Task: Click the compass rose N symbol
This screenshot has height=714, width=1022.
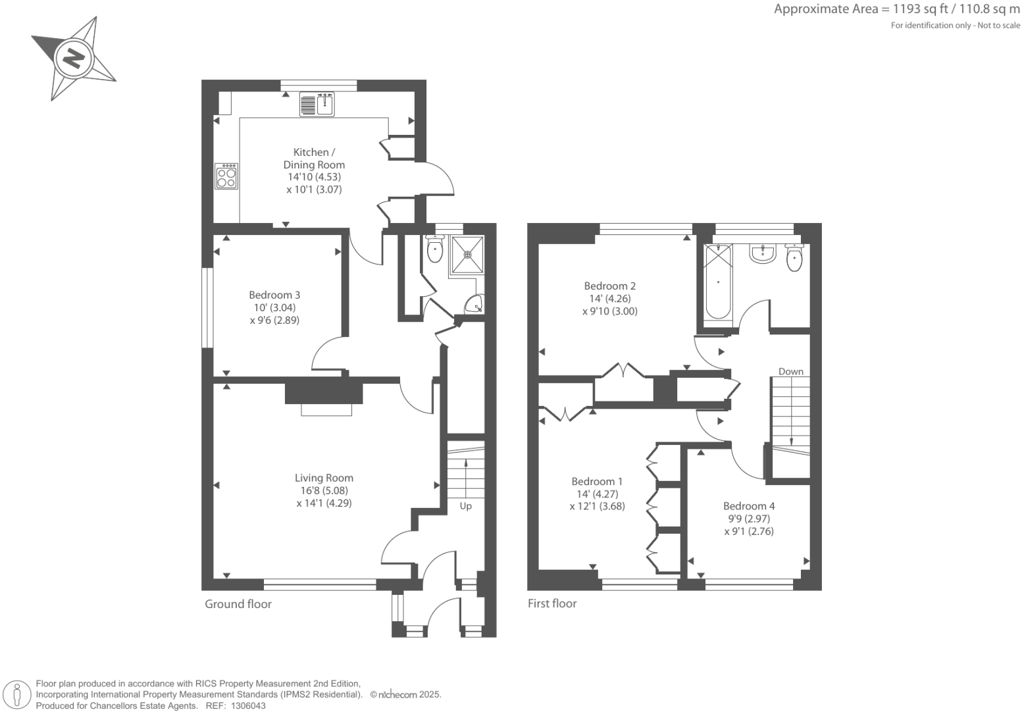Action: coord(73,59)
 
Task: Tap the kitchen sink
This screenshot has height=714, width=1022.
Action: coord(317,104)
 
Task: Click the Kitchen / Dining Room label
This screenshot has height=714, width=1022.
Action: coord(314,159)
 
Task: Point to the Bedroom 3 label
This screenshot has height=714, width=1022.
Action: coord(274,295)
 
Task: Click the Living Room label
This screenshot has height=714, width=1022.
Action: coord(324,478)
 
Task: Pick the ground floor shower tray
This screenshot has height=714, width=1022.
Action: coord(467,254)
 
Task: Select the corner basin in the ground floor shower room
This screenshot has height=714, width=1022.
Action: coord(475,305)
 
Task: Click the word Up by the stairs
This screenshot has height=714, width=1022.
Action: coord(465,506)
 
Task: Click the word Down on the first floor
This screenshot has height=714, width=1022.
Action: coord(790,371)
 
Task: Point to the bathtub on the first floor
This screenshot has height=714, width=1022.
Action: coord(717,282)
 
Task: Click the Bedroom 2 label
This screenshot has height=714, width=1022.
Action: coord(609,286)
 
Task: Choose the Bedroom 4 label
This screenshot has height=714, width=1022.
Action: coord(749,506)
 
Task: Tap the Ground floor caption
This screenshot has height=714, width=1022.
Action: coord(238,604)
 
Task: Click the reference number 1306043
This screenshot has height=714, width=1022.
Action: coord(246,705)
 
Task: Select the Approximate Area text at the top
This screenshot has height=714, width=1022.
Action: coord(896,9)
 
